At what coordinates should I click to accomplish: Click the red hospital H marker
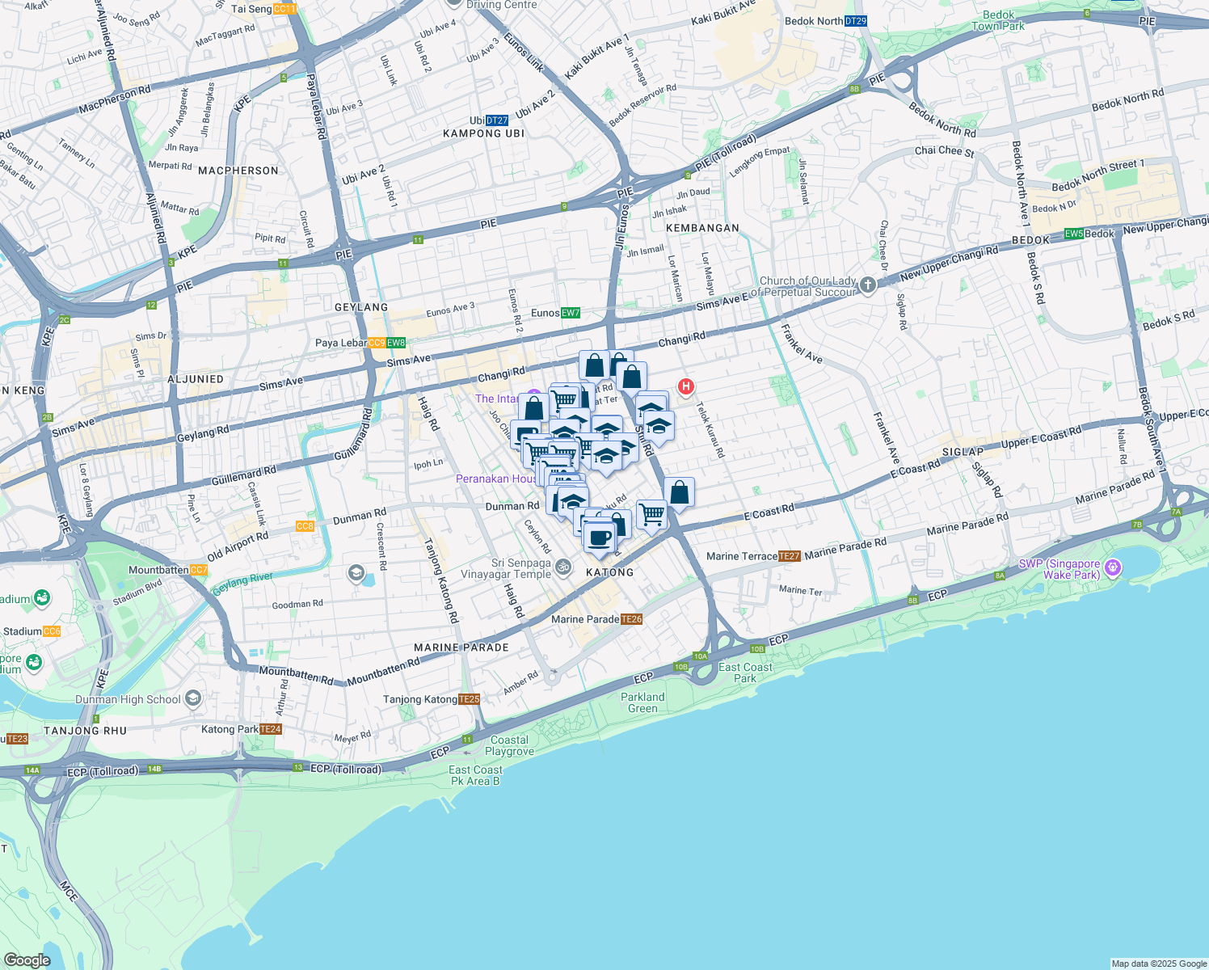(x=685, y=386)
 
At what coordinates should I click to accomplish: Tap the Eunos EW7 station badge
(x=571, y=313)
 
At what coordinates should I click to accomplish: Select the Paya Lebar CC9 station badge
(x=377, y=343)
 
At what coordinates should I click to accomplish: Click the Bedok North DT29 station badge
(x=855, y=21)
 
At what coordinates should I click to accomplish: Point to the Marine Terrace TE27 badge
(x=790, y=556)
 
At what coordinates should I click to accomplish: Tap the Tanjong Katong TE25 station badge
(x=469, y=699)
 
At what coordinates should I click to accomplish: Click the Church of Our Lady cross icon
(x=867, y=285)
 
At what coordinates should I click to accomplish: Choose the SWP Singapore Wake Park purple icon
(x=1113, y=567)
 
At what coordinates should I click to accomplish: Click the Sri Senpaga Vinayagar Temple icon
(x=563, y=567)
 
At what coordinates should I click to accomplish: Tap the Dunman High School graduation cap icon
(x=192, y=698)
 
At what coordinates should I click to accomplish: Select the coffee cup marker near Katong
(x=599, y=537)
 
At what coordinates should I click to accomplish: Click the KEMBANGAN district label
(x=703, y=228)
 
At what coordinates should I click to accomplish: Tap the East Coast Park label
(x=745, y=673)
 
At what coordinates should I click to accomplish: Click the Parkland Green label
(x=642, y=702)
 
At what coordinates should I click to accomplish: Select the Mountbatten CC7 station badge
(x=199, y=570)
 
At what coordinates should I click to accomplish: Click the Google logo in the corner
(x=27, y=960)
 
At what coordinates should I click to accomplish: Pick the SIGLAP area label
(x=963, y=452)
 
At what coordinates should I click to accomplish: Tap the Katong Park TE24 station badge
(x=271, y=729)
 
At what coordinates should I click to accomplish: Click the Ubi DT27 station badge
(x=497, y=120)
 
